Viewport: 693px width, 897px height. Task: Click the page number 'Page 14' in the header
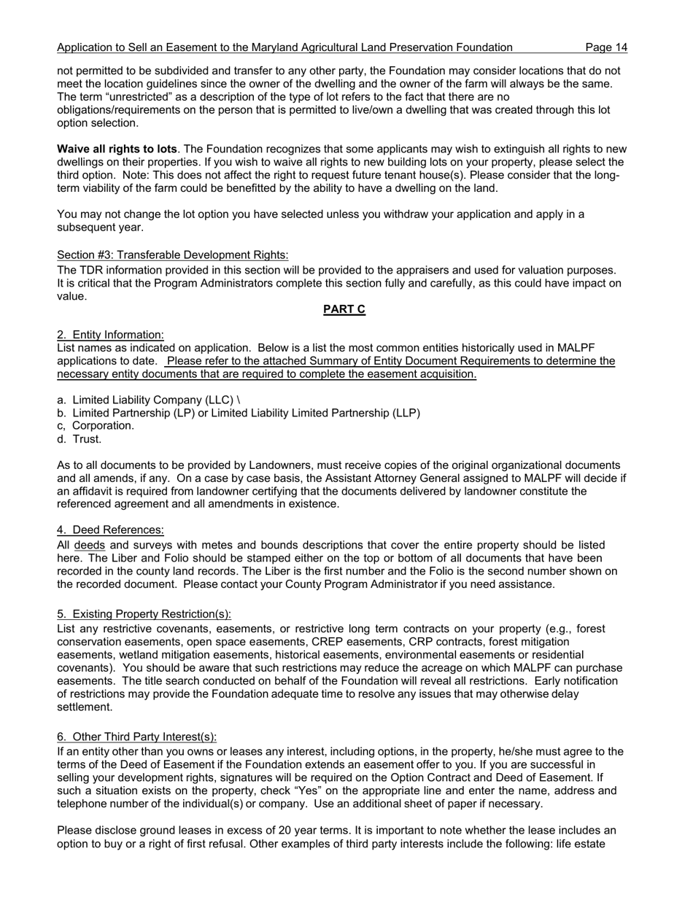[x=605, y=47]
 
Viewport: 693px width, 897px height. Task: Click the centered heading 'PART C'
[x=344, y=309]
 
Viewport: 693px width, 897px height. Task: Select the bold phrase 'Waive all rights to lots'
[x=117, y=149]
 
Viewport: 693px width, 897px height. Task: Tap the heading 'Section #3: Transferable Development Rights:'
[x=172, y=255]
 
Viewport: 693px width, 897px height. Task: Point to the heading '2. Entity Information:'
[x=110, y=335]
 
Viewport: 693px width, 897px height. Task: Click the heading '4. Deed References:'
[x=110, y=529]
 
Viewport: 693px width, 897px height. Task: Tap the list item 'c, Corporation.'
[x=96, y=425]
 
